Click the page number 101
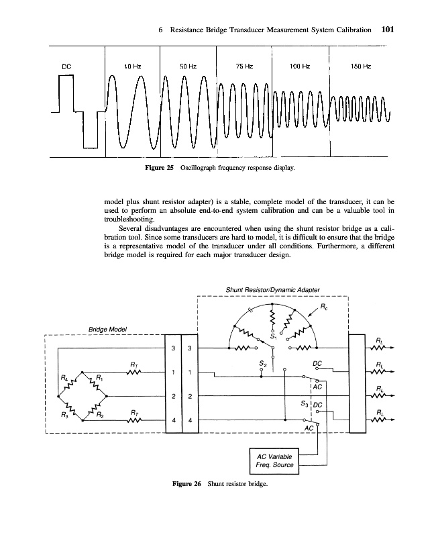click(x=391, y=30)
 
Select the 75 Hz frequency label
click(x=244, y=66)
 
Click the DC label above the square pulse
click(x=66, y=66)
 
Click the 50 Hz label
click(x=188, y=66)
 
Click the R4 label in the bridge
click(x=65, y=379)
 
